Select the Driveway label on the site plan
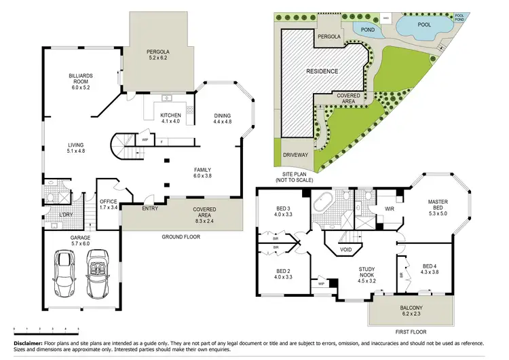(x=295, y=155)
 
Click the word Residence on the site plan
(x=322, y=71)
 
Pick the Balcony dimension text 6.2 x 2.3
(x=410, y=314)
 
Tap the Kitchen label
(x=170, y=115)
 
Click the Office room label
(x=109, y=201)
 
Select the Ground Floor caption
(x=179, y=236)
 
